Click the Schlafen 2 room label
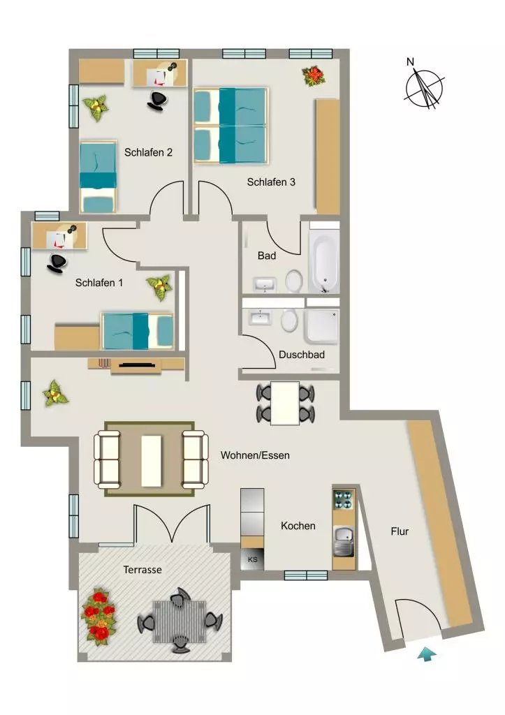tap(148, 152)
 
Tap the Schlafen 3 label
tap(271, 182)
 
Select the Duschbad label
tap(302, 354)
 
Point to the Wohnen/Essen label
tap(255, 455)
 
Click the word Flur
tap(400, 531)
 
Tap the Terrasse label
tap(142, 570)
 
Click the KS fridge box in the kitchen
tap(252, 559)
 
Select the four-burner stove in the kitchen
tap(344, 499)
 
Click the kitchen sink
tap(344, 541)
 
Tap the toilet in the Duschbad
tap(289, 320)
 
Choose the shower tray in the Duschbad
tap(322, 326)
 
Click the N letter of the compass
tap(410, 61)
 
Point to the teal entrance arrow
tap(427, 654)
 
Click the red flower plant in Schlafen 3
tap(314, 75)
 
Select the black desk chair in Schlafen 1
tap(57, 263)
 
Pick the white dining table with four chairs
tap(285, 404)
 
